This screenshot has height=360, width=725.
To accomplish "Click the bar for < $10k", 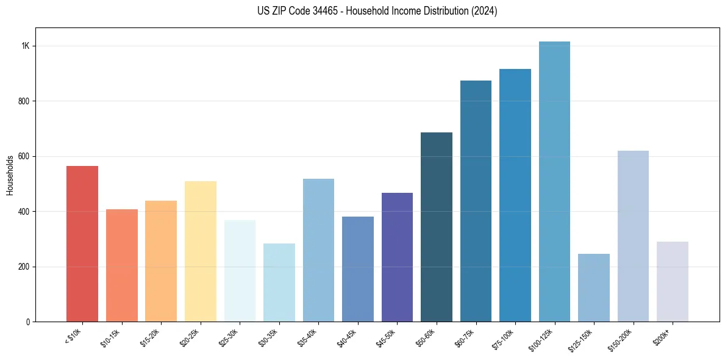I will tap(82, 244).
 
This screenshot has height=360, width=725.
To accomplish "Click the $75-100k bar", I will tap(515, 195).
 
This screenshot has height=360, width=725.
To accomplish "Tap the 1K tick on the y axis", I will tap(26, 46).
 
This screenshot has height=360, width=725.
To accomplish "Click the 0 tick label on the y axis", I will tap(28, 322).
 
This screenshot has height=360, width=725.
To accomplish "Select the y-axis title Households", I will tap(10, 175).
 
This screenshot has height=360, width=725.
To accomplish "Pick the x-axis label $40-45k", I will tap(348, 337).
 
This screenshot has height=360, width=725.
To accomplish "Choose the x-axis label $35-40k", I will tap(309, 337).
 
